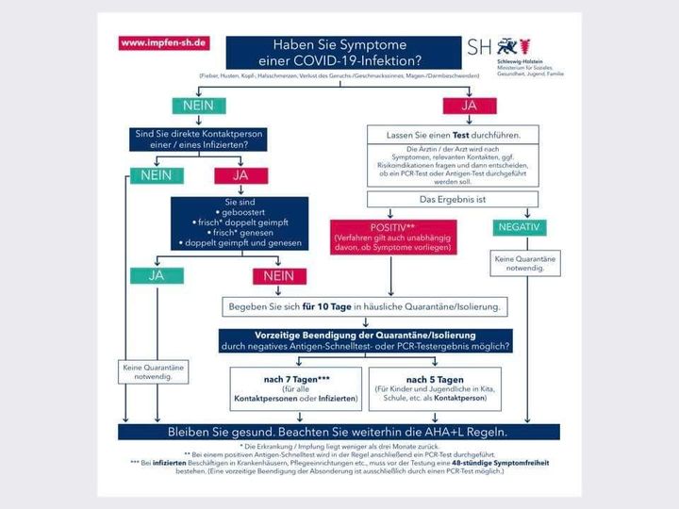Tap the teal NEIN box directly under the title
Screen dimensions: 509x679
coord(197,106)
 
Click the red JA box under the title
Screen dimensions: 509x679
coord(468,106)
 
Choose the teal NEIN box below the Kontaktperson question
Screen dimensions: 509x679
coord(161,175)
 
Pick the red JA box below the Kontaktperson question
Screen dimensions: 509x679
coord(240,175)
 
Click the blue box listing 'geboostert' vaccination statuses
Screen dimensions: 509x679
coord(239,222)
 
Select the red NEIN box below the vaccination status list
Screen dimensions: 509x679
coord(279,276)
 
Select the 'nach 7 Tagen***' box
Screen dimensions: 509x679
coord(295,387)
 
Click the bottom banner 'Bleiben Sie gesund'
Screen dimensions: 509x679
coord(338,432)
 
